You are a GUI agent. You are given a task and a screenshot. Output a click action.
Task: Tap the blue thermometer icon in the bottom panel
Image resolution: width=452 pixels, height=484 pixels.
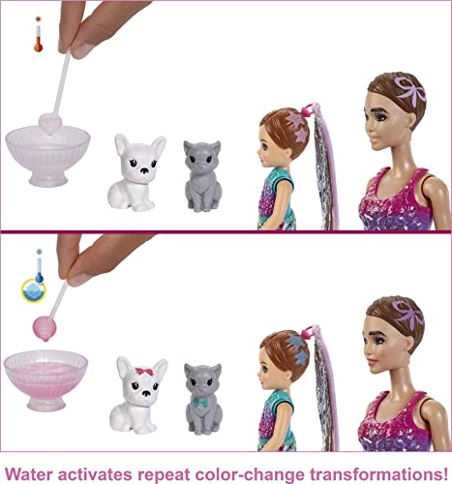39,265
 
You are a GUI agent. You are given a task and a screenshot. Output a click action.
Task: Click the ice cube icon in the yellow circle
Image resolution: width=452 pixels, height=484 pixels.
35,291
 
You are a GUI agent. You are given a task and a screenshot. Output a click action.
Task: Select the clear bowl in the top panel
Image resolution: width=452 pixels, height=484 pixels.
47,157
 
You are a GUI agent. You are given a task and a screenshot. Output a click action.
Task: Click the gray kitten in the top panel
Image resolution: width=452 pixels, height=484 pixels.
202,176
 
